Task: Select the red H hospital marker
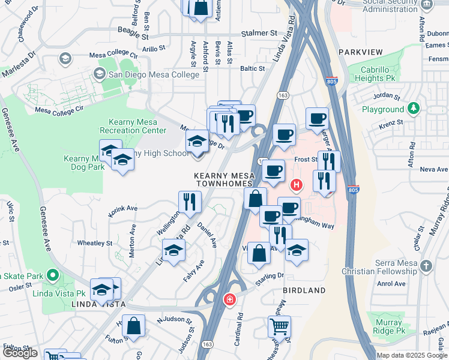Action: [x=295, y=185]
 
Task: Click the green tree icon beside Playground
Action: [x=413, y=109]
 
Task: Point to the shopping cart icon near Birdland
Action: [x=279, y=327]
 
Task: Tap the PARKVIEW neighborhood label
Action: [x=360, y=53]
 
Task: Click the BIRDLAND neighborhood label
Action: [x=304, y=290]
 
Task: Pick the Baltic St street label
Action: [x=252, y=68]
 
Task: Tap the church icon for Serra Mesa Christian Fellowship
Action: [x=426, y=266]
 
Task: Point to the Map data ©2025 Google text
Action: [x=411, y=355]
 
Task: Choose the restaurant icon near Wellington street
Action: [x=190, y=202]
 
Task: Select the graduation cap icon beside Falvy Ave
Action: [x=174, y=250]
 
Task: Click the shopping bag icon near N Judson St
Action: [x=135, y=326]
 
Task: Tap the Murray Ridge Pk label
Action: [x=388, y=326]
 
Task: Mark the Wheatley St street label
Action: [x=95, y=243]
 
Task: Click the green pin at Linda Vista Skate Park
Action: [x=52, y=276]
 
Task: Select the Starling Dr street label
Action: [x=271, y=277]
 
